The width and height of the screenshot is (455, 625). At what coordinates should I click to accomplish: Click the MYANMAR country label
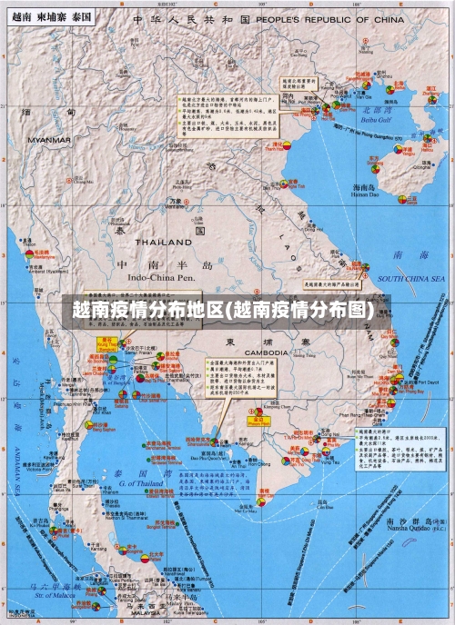click(x=48, y=141)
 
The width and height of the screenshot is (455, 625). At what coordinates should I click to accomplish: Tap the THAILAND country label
click(x=163, y=243)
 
